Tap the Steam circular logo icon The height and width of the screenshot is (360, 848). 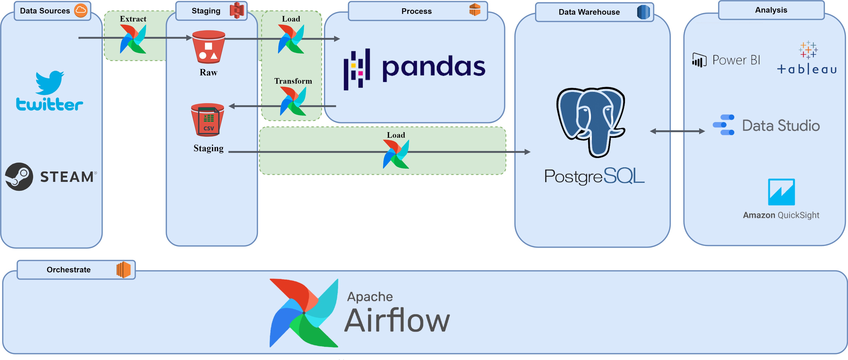[19, 176]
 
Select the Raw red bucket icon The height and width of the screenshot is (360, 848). [208, 47]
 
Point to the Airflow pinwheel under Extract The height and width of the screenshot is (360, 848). [133, 39]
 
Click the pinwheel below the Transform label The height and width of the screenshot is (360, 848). [293, 101]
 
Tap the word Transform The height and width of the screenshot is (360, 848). [293, 81]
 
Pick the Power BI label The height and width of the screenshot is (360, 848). [736, 60]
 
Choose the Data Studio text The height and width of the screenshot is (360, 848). [781, 126]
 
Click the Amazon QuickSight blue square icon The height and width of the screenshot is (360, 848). [781, 192]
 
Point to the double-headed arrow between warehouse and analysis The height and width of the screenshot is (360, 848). [677, 131]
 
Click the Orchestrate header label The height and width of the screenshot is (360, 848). [69, 270]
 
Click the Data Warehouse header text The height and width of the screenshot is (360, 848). [589, 12]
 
